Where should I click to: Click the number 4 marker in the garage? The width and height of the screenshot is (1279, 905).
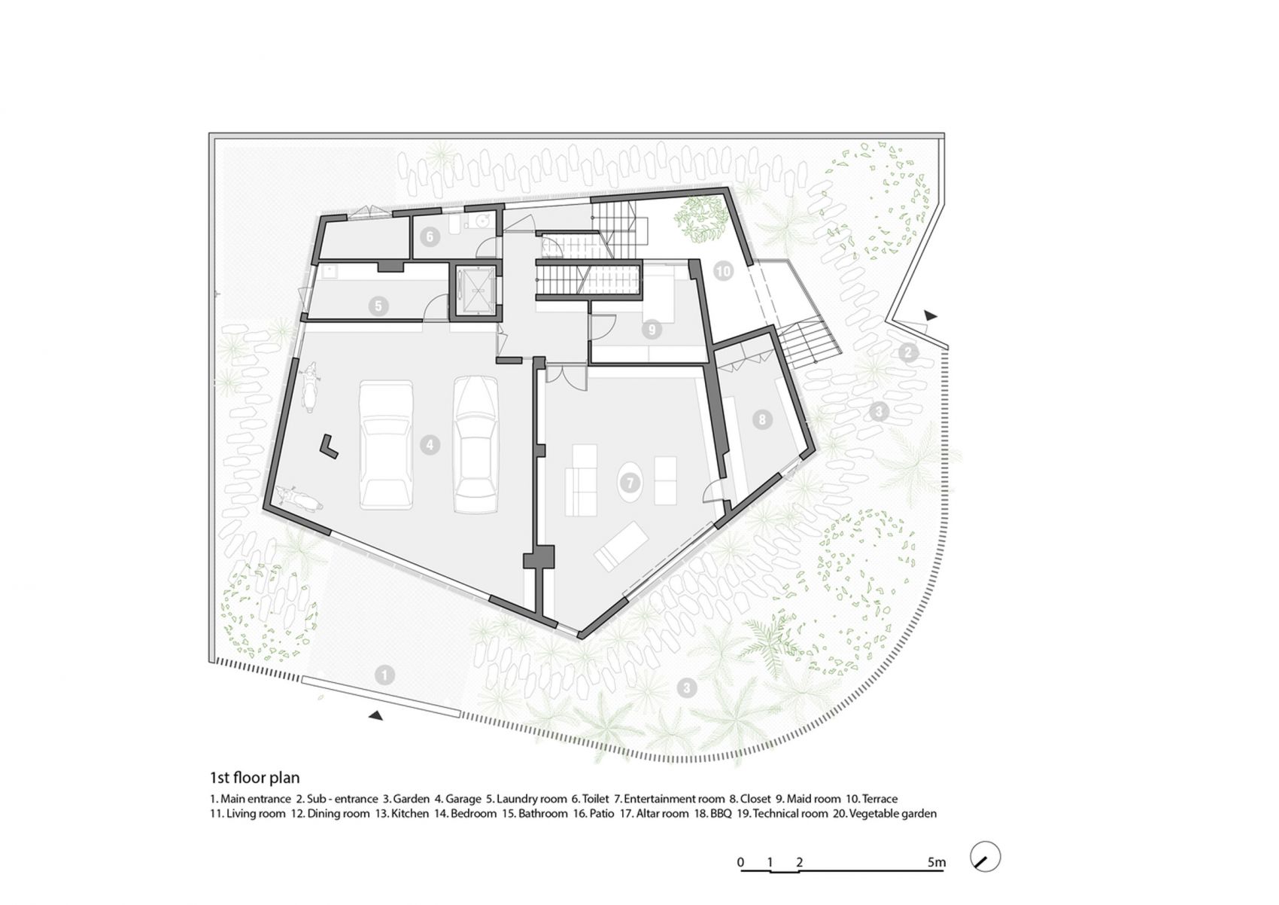tap(430, 444)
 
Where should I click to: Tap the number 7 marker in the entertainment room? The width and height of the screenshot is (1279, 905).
tap(630, 483)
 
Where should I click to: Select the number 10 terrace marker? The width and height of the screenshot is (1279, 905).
tap(724, 271)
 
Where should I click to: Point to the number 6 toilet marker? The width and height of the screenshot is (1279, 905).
tap(430, 236)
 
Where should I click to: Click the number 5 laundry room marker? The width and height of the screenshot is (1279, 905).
tap(378, 306)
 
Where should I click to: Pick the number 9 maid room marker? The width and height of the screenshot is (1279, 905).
tap(652, 329)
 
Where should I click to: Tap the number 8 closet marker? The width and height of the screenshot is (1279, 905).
tap(761, 420)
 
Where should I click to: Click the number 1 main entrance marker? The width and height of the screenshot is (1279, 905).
tap(384, 675)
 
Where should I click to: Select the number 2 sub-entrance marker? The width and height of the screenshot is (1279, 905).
tap(908, 352)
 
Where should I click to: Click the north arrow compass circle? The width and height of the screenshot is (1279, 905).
tap(986, 857)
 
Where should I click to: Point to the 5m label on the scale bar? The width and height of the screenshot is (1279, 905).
tap(937, 862)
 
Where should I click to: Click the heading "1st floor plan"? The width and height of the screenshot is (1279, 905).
tap(254, 778)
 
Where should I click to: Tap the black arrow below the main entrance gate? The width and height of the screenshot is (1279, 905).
tap(375, 715)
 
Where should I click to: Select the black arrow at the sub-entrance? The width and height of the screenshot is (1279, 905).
tap(931, 315)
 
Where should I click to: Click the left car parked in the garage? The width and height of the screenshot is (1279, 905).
tap(387, 445)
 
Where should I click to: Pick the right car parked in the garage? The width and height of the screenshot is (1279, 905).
tap(475, 444)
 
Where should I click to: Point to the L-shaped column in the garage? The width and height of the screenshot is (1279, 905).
tap(329, 446)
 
